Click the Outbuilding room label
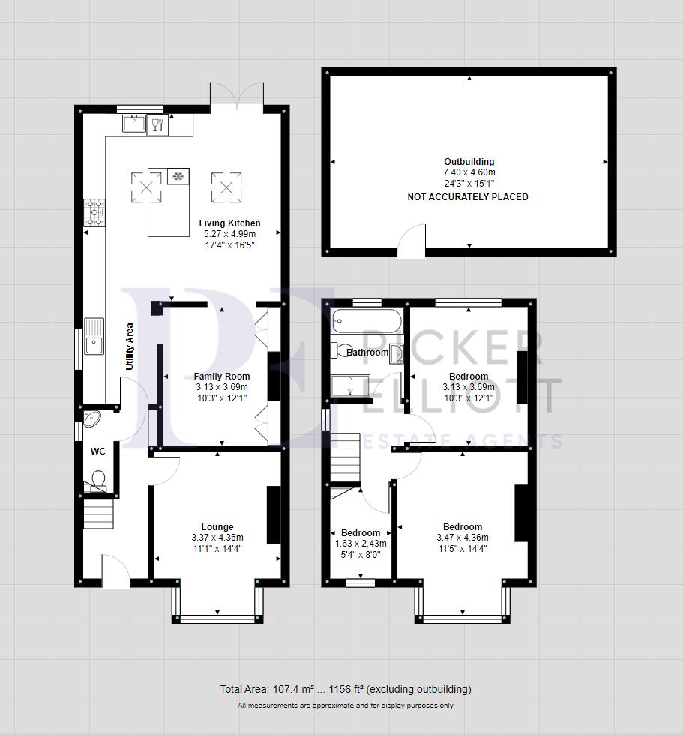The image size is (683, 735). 469,161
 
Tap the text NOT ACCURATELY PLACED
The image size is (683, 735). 468,197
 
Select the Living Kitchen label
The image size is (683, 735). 229,223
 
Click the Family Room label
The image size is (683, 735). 221,376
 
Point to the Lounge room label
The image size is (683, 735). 217,527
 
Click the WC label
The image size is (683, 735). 97,451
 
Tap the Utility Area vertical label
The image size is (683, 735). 130,346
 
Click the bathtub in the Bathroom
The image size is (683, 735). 367,321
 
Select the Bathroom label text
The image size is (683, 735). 367,352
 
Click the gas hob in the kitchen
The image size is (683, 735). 96,211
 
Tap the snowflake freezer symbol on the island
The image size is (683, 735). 178,177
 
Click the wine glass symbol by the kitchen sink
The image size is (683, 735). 157,124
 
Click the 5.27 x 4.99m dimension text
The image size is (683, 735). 229,235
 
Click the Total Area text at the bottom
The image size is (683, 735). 345,689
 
